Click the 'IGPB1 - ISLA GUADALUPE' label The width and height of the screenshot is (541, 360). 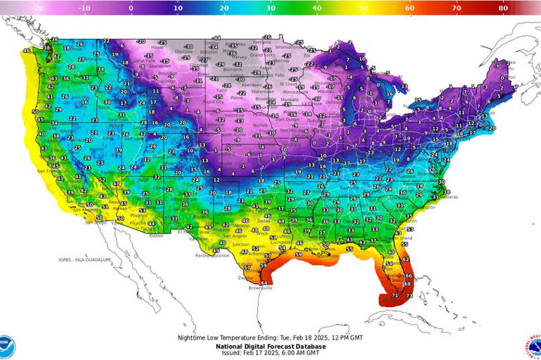point(85,259)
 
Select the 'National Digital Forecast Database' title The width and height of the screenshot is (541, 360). point(270,346)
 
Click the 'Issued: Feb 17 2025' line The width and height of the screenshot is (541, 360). point(270,353)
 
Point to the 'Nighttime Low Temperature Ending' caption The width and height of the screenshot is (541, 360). point(270,338)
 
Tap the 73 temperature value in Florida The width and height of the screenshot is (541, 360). point(409,297)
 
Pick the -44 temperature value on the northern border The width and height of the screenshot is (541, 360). point(217,38)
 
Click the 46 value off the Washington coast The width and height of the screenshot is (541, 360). point(27,51)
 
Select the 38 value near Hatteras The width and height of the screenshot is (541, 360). point(447,192)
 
